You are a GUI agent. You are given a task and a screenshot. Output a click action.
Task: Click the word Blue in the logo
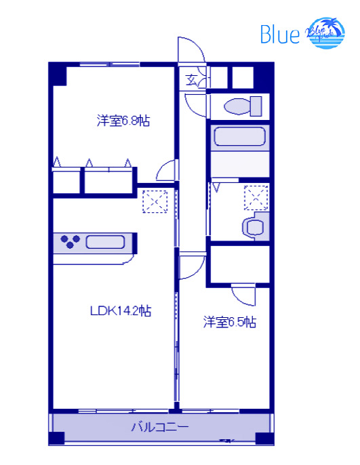click(279, 35)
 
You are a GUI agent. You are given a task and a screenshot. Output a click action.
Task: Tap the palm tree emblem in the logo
click(326, 32)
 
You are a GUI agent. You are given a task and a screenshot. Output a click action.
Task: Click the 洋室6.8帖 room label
click(123, 122)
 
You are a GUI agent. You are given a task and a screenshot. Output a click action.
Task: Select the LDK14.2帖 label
click(121, 311)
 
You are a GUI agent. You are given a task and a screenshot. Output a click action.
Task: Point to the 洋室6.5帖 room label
click(230, 322)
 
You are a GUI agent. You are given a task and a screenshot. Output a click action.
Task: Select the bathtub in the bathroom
click(238, 138)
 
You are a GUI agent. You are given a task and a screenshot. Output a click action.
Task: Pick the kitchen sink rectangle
click(104, 242)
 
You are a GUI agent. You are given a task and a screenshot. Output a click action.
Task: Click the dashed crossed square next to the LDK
click(155, 201)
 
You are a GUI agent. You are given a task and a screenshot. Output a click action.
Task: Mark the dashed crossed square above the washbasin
click(256, 197)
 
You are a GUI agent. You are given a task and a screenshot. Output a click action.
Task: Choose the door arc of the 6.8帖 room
click(167, 169)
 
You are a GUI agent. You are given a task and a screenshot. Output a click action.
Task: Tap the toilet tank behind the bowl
click(256, 106)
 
